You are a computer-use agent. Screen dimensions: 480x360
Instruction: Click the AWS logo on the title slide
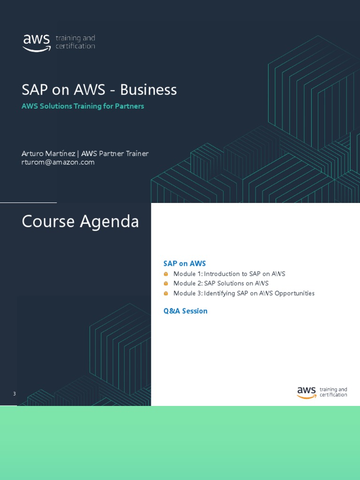click(x=37, y=42)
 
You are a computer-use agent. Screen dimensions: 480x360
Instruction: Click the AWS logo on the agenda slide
click(x=307, y=392)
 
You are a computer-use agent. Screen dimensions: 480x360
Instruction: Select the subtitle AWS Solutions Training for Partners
click(x=83, y=106)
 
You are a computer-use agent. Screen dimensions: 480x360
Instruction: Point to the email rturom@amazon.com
click(x=58, y=162)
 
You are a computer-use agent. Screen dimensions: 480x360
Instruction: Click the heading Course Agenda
click(x=80, y=221)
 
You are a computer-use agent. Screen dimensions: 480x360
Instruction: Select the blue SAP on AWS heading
click(x=185, y=263)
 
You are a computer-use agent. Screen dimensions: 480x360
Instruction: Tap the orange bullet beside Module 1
click(x=165, y=274)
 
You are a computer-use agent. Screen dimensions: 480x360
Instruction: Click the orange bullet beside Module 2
click(x=165, y=284)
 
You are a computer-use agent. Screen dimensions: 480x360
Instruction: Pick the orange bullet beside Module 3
click(x=165, y=293)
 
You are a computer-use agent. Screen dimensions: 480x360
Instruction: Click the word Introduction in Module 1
click(x=222, y=274)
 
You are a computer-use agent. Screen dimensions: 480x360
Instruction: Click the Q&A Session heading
click(x=185, y=311)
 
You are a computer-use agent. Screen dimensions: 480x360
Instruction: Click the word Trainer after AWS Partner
click(x=136, y=154)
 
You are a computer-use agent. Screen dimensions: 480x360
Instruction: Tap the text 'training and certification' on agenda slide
click(x=333, y=392)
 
